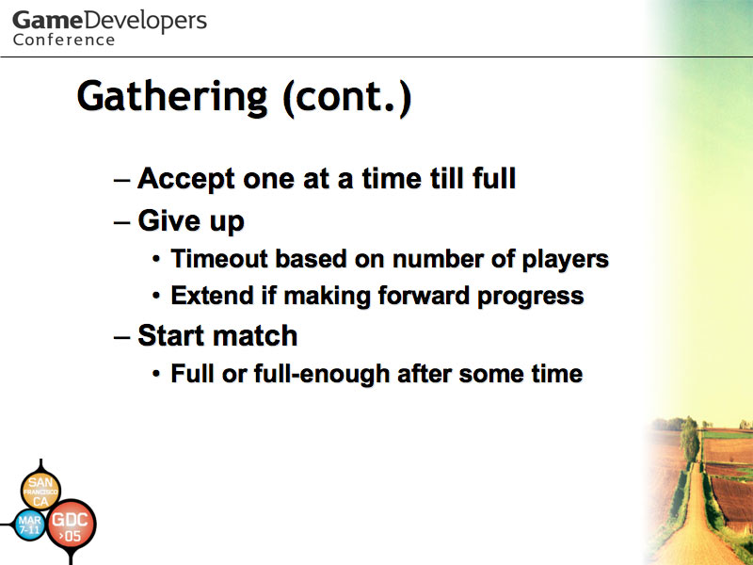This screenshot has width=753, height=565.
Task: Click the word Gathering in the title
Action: click(172, 98)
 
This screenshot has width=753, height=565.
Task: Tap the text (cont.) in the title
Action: click(347, 99)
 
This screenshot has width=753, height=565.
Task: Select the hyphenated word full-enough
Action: click(322, 374)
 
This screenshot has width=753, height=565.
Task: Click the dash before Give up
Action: click(121, 222)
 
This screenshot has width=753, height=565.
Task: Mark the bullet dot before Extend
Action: click(156, 296)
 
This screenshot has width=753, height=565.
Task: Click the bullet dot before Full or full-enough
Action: click(156, 374)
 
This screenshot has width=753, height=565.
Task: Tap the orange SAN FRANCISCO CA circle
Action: click(40, 491)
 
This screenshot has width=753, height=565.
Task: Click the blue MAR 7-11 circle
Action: click(30, 525)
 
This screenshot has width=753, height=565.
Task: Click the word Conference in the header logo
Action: click(64, 40)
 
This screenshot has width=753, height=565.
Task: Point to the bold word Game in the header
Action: click(47, 21)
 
